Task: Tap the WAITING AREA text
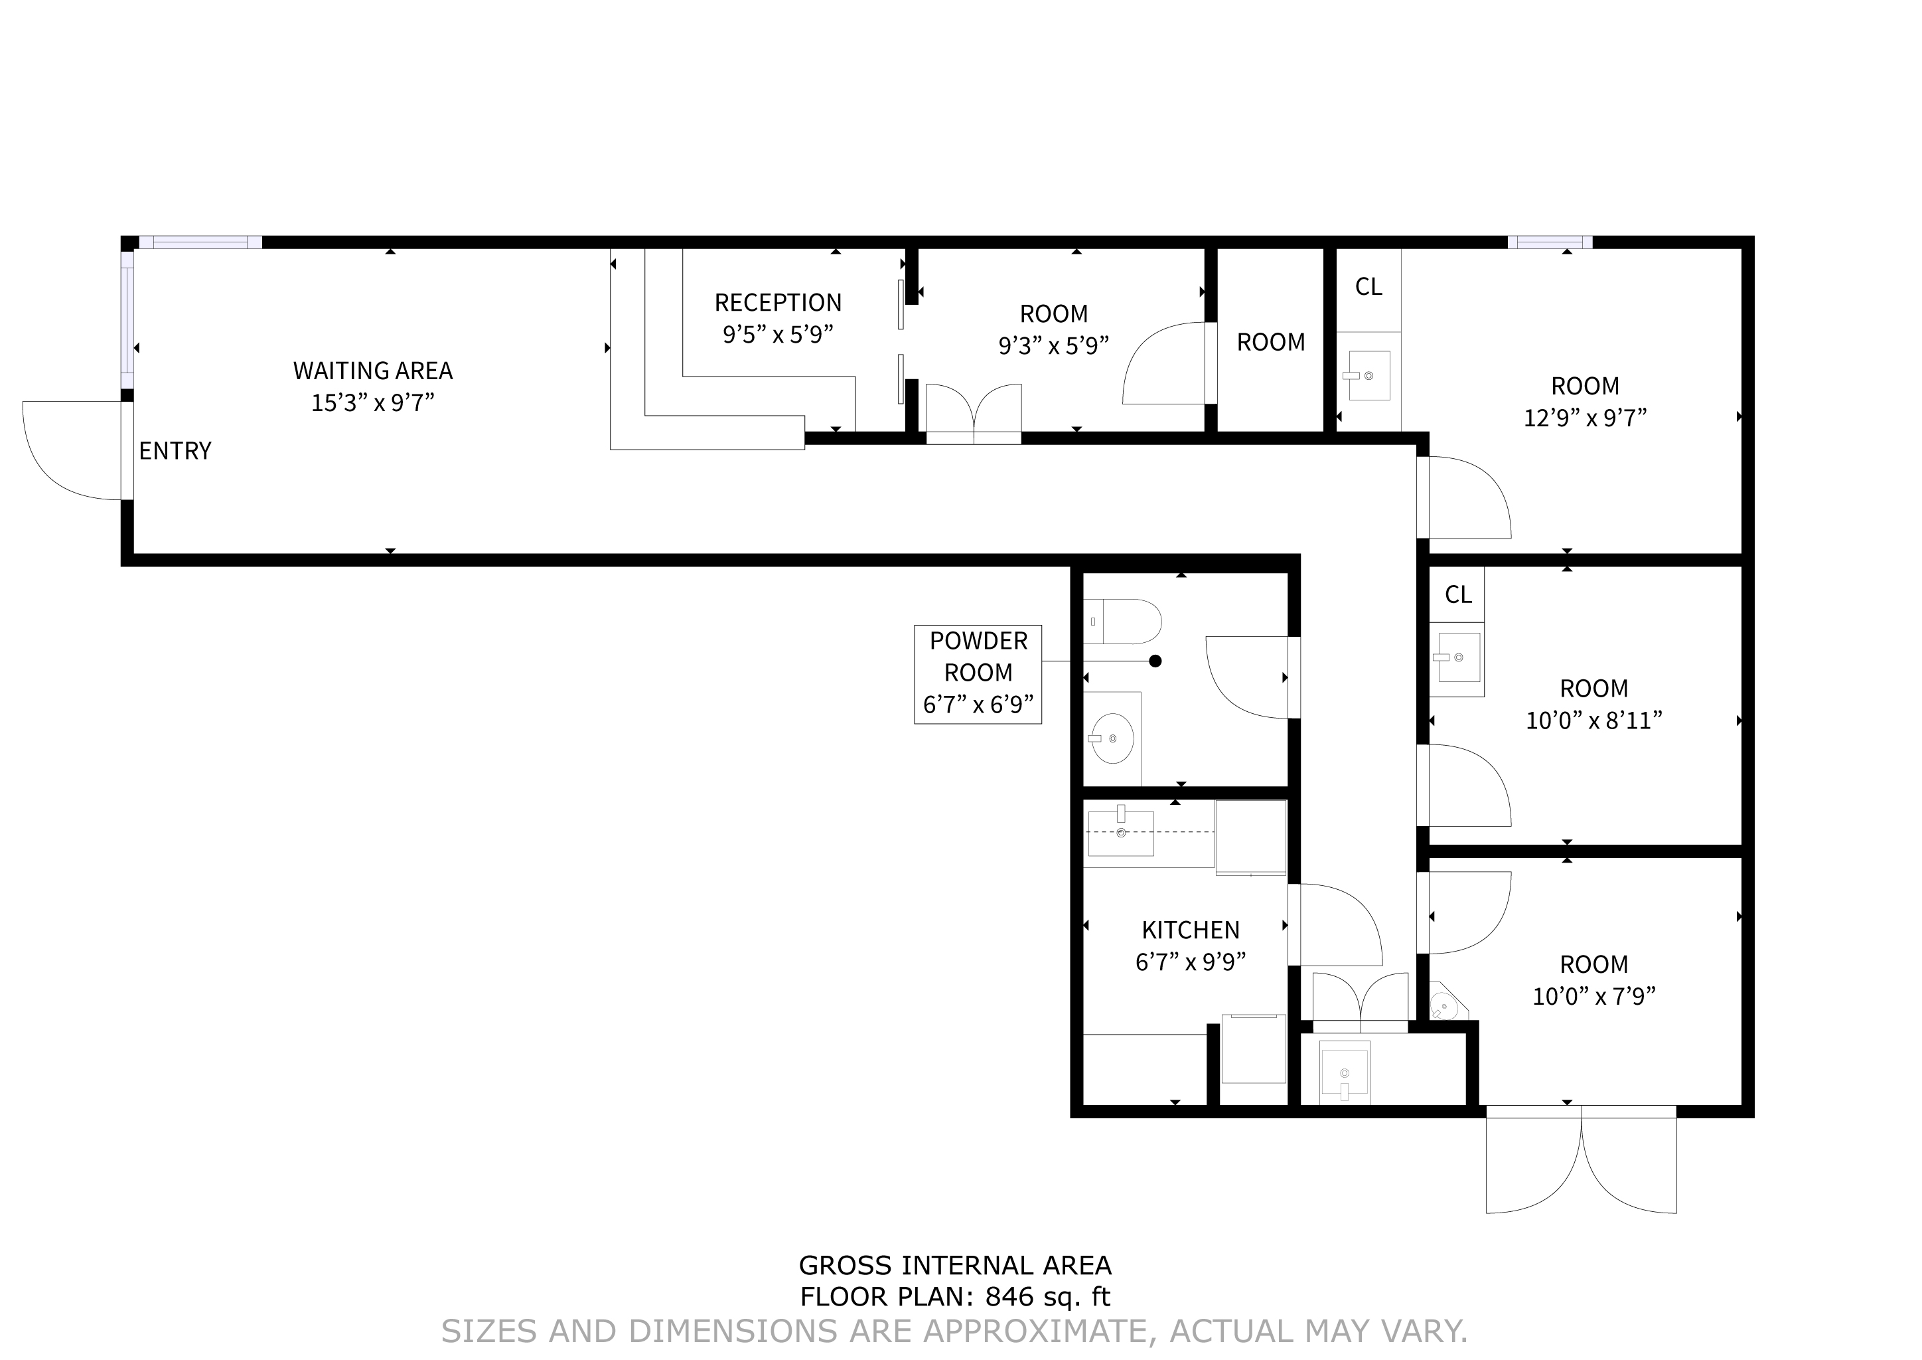click(372, 370)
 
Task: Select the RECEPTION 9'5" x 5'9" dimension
click(778, 335)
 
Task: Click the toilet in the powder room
click(1124, 620)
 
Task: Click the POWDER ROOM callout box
click(978, 674)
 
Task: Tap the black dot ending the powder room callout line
click(1155, 661)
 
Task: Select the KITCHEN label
click(1191, 930)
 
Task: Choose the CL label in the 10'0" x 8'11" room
click(1457, 594)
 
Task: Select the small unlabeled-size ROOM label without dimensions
click(1271, 343)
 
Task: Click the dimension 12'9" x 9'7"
click(1585, 418)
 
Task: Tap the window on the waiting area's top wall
click(200, 242)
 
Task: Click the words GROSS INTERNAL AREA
click(955, 1264)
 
